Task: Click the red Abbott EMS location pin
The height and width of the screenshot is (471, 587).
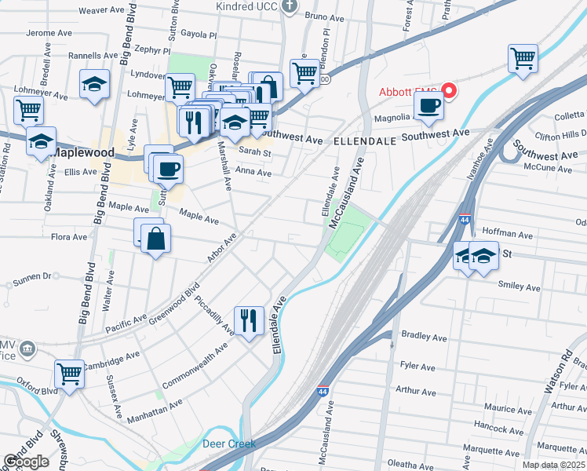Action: (450, 90)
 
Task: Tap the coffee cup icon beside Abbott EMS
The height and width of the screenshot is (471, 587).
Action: (428, 106)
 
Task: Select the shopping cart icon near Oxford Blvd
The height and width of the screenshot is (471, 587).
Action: (70, 372)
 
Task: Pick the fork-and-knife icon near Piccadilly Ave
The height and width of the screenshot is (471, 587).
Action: (249, 318)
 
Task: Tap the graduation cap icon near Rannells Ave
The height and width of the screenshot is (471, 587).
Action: (94, 84)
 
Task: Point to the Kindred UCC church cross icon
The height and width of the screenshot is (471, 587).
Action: (290, 7)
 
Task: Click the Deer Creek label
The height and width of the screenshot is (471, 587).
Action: (229, 444)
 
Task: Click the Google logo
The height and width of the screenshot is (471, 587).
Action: (26, 462)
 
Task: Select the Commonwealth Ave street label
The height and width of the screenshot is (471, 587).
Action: (195, 365)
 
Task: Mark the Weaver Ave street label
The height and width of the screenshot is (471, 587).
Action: (102, 10)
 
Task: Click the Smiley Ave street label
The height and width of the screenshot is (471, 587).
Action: (519, 288)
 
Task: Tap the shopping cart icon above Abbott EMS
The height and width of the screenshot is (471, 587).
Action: (523, 57)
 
